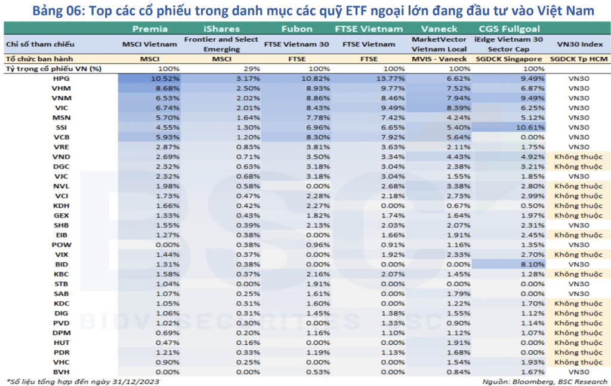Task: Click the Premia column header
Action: [150, 29]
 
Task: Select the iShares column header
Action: [221, 29]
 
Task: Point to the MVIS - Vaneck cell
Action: [439, 59]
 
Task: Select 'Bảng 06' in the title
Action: [57, 10]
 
